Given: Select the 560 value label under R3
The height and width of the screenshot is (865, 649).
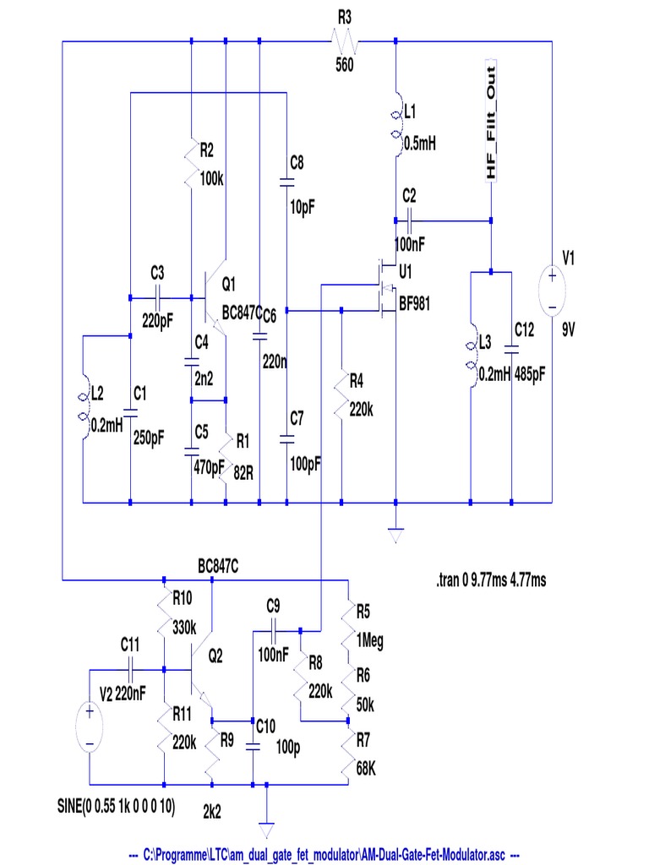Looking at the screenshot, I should pyautogui.click(x=344, y=64).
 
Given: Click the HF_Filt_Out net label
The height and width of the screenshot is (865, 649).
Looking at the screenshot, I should pyautogui.click(x=491, y=120).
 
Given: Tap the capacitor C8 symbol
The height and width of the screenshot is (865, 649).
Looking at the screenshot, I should pyautogui.click(x=287, y=181).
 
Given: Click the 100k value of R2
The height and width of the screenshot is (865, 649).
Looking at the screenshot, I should pyautogui.click(x=211, y=179).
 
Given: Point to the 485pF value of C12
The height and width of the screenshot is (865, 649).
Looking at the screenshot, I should pyautogui.click(x=531, y=375).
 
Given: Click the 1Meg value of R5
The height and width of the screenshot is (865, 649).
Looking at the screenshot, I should pyautogui.click(x=369, y=641).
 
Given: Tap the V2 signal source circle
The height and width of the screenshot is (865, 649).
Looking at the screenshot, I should pyautogui.click(x=89, y=726).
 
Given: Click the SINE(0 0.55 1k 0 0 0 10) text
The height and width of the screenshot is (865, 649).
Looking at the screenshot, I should pyautogui.click(x=111, y=808).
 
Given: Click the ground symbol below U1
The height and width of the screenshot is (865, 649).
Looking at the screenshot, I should pyautogui.click(x=395, y=534).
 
